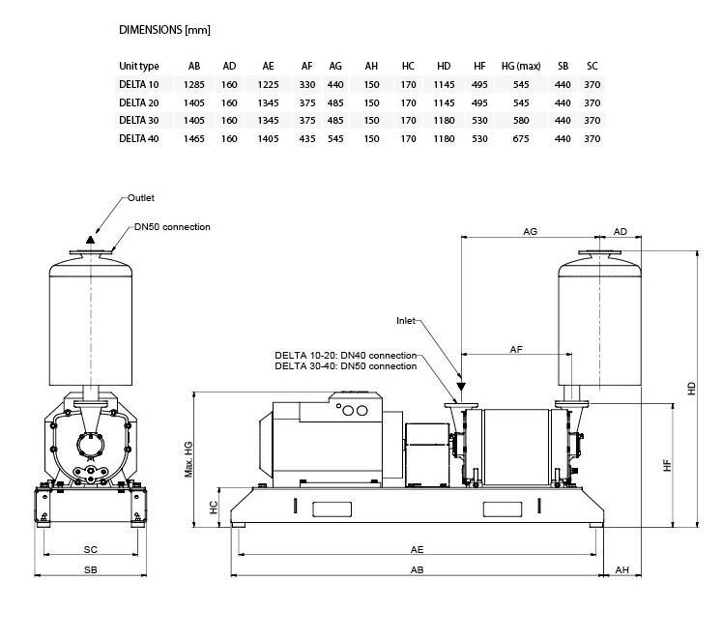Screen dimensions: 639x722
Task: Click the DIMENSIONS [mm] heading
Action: [164, 30]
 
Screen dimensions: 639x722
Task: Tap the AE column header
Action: [268, 66]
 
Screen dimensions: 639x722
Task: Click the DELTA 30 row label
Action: [138, 120]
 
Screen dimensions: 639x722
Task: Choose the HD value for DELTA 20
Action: [444, 102]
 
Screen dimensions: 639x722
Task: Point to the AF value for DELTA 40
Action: [306, 138]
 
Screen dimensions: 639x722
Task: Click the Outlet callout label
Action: [141, 197]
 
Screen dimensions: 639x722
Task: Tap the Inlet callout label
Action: [407, 320]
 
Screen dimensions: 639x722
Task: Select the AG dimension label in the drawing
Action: [530, 232]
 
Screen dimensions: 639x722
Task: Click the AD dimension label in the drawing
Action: [621, 232]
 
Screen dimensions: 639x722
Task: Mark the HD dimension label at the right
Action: [691, 387]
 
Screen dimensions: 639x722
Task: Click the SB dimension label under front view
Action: [90, 570]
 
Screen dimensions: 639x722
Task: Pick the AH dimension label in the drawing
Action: [622, 570]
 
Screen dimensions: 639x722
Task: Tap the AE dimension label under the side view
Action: [418, 548]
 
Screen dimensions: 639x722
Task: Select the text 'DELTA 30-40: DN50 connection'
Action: [346, 366]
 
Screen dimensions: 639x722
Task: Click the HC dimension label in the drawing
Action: [215, 508]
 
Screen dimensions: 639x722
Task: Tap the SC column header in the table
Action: [592, 66]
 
